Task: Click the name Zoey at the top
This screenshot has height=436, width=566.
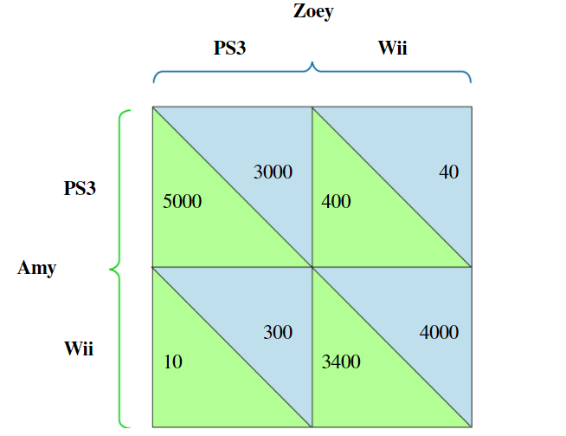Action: [x=312, y=12]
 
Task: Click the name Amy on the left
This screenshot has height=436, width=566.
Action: [x=36, y=268]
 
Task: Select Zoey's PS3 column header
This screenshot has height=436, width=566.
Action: [x=229, y=49]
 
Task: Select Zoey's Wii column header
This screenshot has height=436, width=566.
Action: [x=392, y=49]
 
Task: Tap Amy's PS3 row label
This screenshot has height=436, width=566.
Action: [x=80, y=189]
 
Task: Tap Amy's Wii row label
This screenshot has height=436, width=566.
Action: [x=79, y=349]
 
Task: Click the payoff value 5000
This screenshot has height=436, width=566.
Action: [x=182, y=202]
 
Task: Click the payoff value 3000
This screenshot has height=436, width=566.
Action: [x=273, y=172]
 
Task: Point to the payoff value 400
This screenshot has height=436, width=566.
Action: [x=336, y=202]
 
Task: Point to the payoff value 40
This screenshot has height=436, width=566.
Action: [x=448, y=172]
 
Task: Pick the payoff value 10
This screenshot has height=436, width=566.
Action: [x=172, y=362]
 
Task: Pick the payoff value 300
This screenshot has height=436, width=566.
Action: [x=277, y=332]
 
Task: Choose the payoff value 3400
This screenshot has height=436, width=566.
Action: [x=341, y=362]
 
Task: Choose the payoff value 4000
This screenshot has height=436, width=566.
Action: [x=439, y=332]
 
